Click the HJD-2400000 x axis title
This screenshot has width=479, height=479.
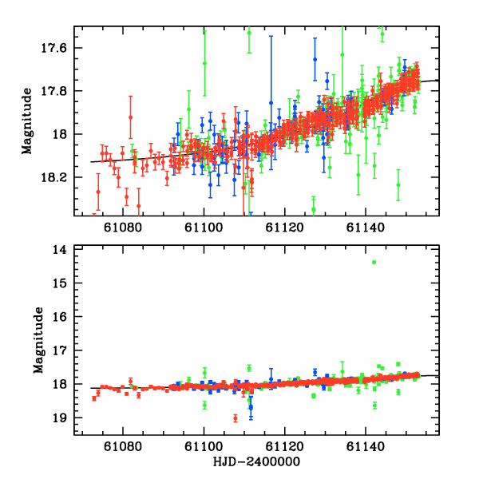click(x=257, y=462)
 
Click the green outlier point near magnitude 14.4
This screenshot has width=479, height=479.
click(x=374, y=263)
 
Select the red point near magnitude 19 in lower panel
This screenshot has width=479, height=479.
click(x=235, y=418)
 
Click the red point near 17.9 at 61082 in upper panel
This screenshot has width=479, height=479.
click(x=130, y=117)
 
